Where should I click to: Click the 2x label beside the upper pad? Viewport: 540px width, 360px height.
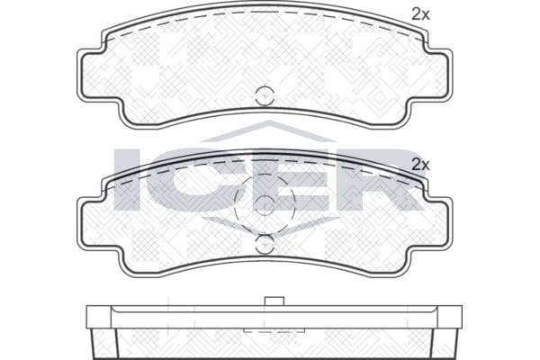[x=420, y=14]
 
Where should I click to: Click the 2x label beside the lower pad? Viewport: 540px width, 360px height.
[x=420, y=166]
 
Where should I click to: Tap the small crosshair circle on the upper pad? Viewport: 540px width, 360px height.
[x=265, y=95]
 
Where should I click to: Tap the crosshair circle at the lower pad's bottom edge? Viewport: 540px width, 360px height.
[x=265, y=244]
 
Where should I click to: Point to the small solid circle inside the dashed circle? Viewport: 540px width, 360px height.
[x=265, y=206]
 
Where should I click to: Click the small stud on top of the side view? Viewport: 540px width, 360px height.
[x=274, y=301]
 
